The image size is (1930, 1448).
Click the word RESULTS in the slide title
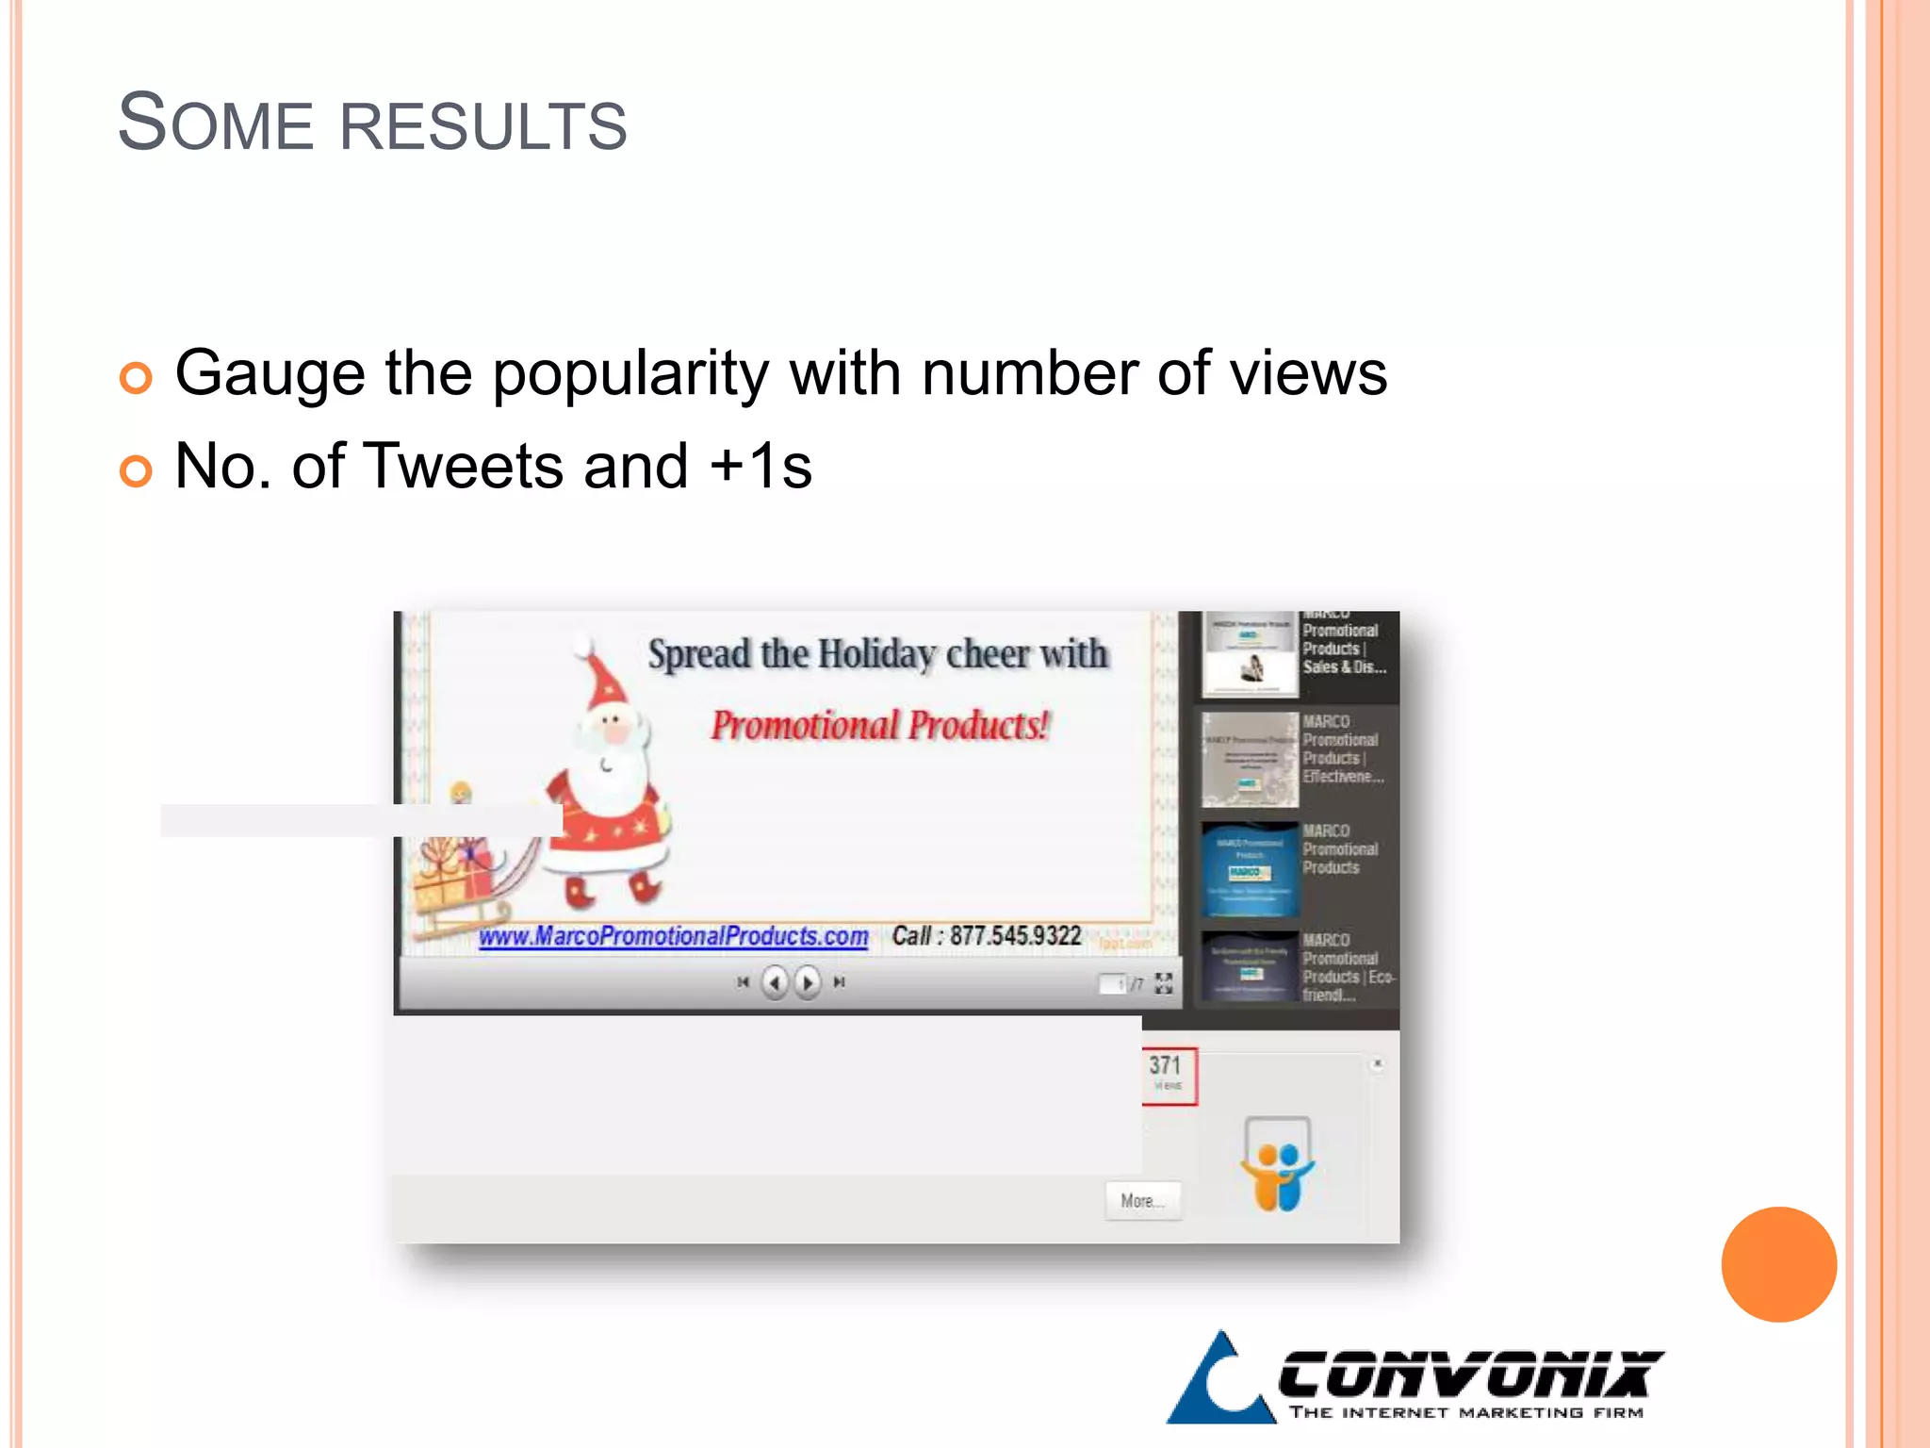click(482, 125)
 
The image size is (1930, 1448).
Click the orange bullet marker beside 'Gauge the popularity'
click(136, 378)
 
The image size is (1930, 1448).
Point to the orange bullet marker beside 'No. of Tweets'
click(136, 470)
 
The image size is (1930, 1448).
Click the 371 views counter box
click(1169, 1076)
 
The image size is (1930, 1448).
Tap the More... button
click(1142, 1201)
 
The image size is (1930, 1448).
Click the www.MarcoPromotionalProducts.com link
click(673, 936)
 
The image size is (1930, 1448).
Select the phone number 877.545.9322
click(1014, 935)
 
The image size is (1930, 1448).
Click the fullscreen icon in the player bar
click(1164, 983)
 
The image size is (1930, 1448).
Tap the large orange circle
click(1778, 1264)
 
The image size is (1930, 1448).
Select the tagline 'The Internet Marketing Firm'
click(1466, 1412)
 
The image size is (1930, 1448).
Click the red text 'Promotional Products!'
click(879, 725)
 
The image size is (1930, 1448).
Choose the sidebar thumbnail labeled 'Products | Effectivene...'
click(1250, 759)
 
